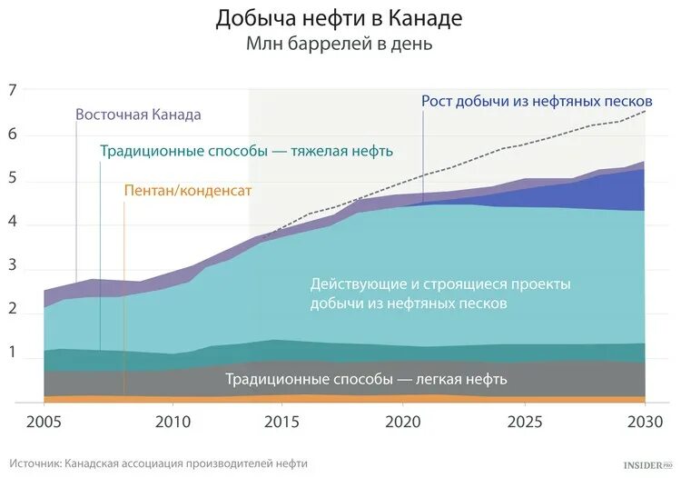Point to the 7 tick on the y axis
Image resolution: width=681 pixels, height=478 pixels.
(x=13, y=90)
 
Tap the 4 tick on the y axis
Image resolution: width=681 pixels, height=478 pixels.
(x=13, y=224)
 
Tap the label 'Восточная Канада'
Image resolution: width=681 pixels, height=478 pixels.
(x=138, y=115)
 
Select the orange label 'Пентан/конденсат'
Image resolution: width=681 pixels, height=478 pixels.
(x=186, y=191)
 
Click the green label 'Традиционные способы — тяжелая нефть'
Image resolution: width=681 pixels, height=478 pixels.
(x=246, y=152)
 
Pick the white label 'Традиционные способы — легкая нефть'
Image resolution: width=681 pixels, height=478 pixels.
(x=366, y=379)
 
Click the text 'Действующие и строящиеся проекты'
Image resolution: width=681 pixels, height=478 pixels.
(x=440, y=284)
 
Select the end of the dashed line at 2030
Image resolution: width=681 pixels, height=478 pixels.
(x=645, y=111)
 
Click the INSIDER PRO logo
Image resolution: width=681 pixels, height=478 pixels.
(x=646, y=464)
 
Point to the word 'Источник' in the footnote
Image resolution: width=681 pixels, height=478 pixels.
(x=36, y=463)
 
